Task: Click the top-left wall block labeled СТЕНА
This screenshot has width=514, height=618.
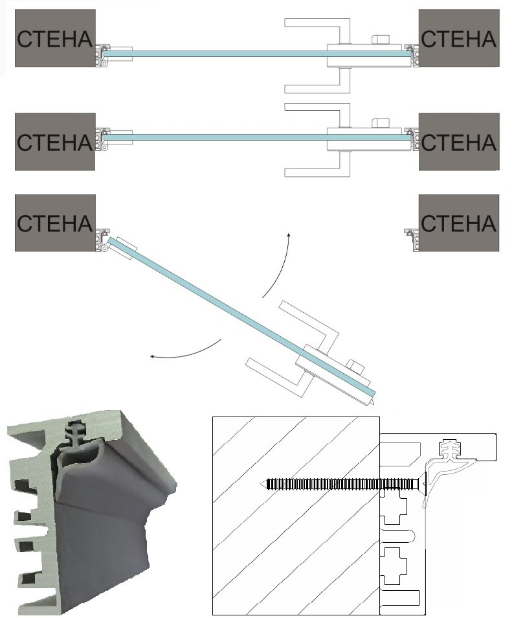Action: tap(55, 38)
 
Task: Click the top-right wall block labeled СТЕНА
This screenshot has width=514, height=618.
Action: tap(459, 38)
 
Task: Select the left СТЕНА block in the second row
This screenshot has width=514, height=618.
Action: tap(55, 141)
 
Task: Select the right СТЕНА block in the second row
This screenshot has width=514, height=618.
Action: tap(459, 141)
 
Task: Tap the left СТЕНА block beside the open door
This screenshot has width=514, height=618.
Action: tap(55, 223)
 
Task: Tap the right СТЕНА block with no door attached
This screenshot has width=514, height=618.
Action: tap(459, 223)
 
